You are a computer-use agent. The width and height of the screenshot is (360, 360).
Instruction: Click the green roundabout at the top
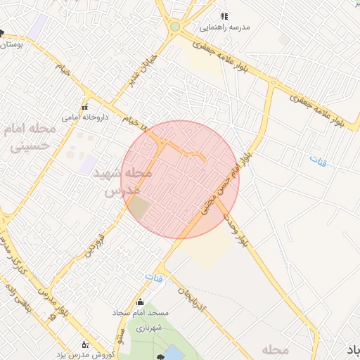click(174, 27)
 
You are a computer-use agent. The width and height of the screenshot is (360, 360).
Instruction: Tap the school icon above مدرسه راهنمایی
click(225, 16)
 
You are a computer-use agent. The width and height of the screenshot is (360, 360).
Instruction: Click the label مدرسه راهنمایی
click(225, 27)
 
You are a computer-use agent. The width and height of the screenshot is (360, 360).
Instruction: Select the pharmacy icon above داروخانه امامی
click(84, 108)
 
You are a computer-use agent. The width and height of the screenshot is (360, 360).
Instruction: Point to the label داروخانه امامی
click(84, 118)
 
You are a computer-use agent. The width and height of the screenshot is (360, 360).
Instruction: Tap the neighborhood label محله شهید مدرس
click(127, 181)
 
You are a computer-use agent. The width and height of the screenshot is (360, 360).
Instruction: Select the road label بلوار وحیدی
click(231, 224)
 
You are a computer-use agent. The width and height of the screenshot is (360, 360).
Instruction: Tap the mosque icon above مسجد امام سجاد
click(139, 302)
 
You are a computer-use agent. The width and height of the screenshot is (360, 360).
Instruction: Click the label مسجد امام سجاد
click(139, 313)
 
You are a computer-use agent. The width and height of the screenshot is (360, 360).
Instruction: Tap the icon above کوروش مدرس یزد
click(86, 345)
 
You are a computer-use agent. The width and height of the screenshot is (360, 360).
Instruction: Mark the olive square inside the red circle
click(139, 207)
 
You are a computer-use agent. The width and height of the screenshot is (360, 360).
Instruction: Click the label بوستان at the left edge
click(11, 44)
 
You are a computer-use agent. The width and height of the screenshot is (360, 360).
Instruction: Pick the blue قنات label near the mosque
click(154, 278)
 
